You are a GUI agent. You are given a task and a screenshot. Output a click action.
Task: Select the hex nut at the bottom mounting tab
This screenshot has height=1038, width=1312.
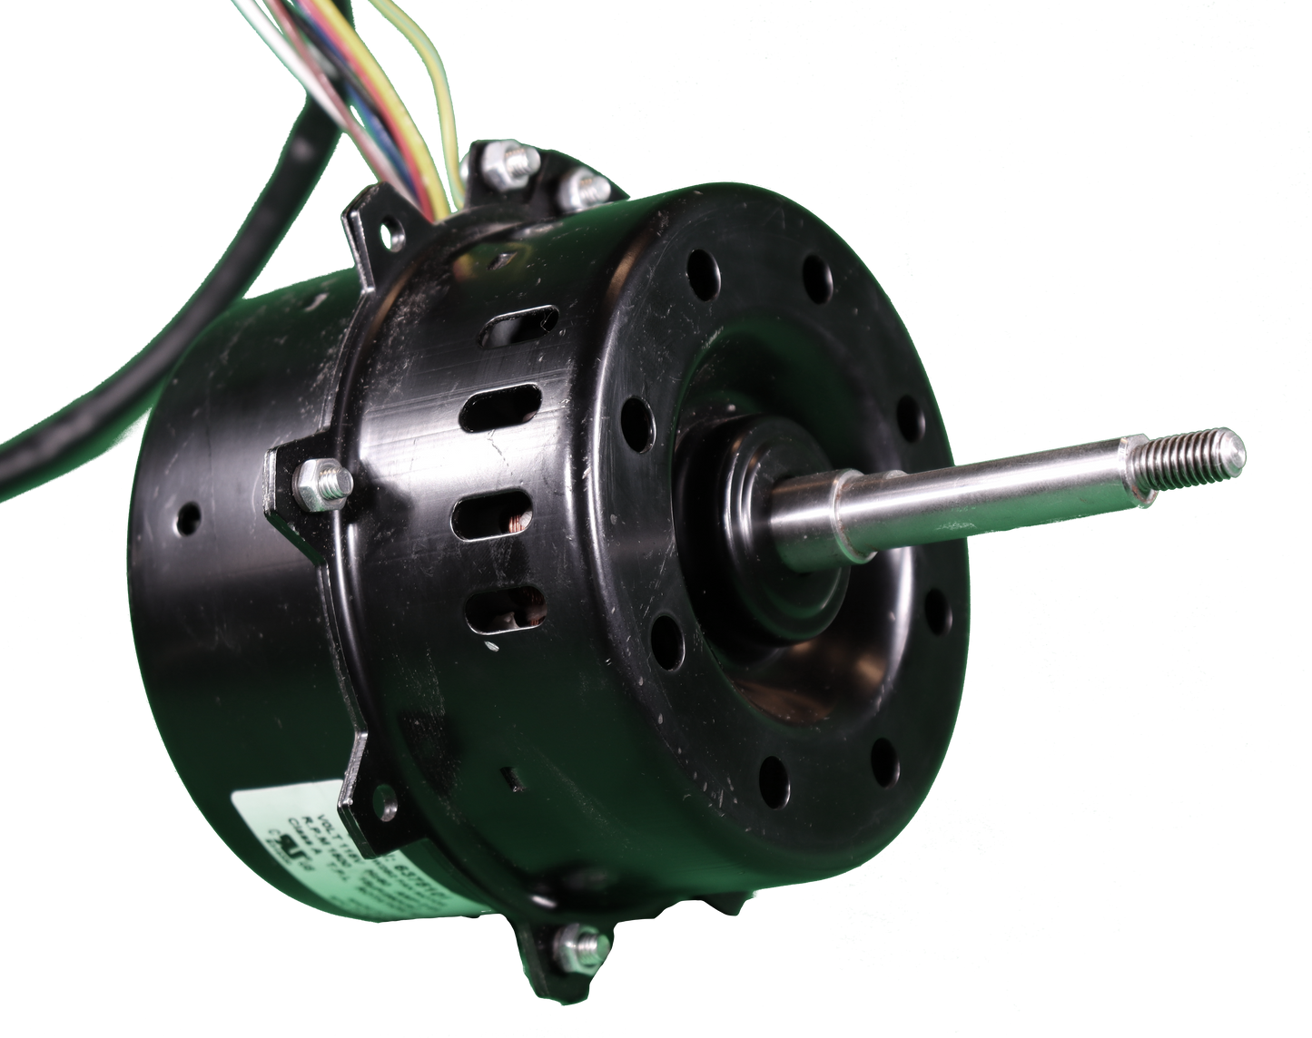pos(582,947)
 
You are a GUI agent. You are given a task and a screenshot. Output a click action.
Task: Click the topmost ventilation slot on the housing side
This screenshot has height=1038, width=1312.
pos(518,326)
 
